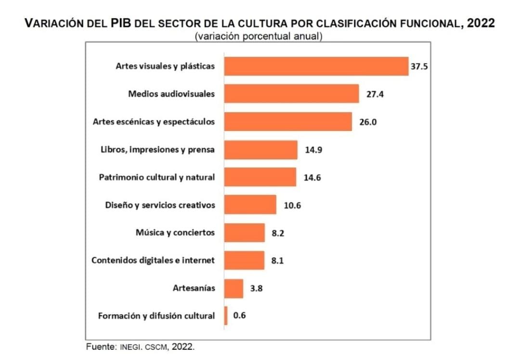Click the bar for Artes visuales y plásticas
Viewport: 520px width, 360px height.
click(x=316, y=66)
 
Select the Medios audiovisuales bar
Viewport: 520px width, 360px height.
click(x=292, y=94)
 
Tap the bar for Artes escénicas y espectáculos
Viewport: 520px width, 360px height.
click(x=288, y=122)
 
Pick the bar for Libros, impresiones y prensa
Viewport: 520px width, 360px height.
click(x=261, y=150)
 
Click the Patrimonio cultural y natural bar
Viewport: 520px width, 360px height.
click(x=260, y=177)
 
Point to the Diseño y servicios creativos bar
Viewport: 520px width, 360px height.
click(x=250, y=205)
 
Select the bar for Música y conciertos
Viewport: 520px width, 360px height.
click(x=245, y=233)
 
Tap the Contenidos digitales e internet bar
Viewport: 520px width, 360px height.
click(x=245, y=260)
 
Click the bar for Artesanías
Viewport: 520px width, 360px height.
click(x=234, y=288)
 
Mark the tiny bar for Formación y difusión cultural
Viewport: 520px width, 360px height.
click(x=226, y=316)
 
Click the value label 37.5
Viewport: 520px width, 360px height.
click(x=419, y=66)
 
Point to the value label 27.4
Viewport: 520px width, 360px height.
click(x=375, y=94)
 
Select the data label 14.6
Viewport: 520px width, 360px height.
click(x=312, y=178)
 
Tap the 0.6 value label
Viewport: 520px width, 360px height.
click(x=239, y=316)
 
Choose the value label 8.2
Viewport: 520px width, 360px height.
click(x=279, y=233)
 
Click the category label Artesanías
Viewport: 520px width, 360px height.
click(x=194, y=288)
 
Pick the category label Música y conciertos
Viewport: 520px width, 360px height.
click(x=175, y=233)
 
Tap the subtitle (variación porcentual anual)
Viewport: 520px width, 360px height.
click(x=259, y=36)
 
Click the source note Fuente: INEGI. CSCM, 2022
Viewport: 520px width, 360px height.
click(x=140, y=346)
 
